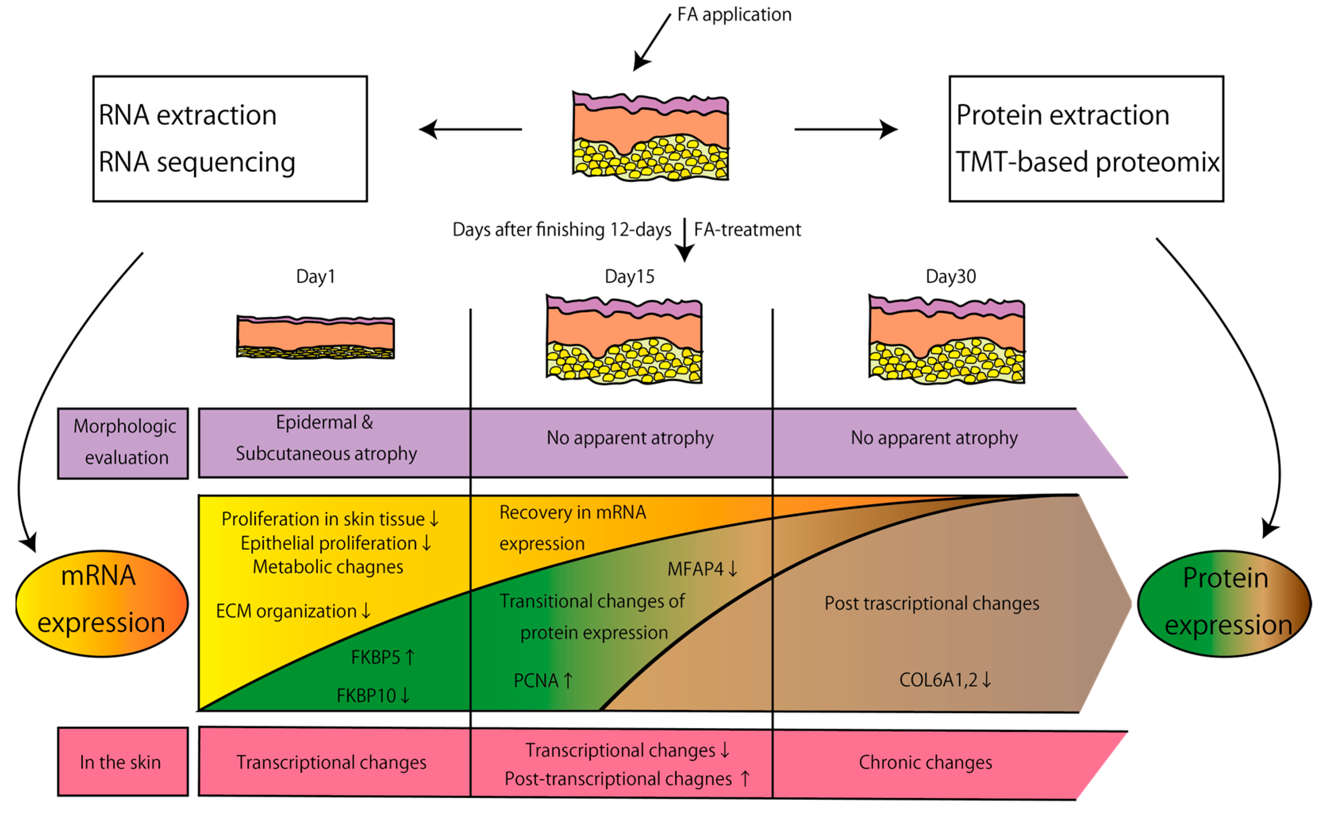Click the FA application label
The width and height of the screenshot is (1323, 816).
click(x=734, y=15)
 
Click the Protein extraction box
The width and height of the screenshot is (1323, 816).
click(x=1086, y=139)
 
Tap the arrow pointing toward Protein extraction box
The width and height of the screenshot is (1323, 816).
click(x=846, y=129)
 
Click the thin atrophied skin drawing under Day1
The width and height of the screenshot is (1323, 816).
click(x=315, y=338)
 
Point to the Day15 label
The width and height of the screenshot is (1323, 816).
click(x=630, y=276)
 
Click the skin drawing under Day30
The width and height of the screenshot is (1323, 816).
click(x=947, y=340)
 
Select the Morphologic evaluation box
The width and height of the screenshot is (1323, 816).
click(x=123, y=443)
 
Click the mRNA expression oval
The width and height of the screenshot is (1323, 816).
click(x=102, y=603)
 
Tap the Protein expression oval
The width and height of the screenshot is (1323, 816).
click(x=1224, y=603)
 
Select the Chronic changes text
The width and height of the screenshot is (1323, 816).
click(x=925, y=762)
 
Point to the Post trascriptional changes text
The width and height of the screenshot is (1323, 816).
click(x=931, y=603)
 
